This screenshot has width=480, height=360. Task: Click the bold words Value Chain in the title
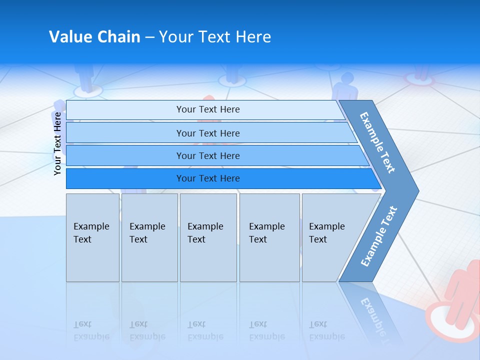pyautogui.click(x=94, y=37)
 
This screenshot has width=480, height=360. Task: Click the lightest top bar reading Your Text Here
pyautogui.click(x=207, y=109)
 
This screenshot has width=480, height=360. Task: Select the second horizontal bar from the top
pyautogui.click(x=207, y=133)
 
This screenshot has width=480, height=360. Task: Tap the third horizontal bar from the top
pyautogui.click(x=207, y=156)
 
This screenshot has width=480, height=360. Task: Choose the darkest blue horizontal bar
pyautogui.click(x=207, y=178)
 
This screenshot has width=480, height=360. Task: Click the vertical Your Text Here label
pyautogui.click(x=58, y=143)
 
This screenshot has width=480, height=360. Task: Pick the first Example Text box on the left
pyautogui.click(x=92, y=237)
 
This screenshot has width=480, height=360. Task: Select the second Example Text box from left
pyautogui.click(x=149, y=237)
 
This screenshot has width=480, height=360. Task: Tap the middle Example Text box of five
pyautogui.click(x=208, y=237)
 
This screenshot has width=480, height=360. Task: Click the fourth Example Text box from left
pyautogui.click(x=269, y=237)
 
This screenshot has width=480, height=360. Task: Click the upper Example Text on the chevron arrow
pyautogui.click(x=377, y=142)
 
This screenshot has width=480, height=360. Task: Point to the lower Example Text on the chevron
pyautogui.click(x=378, y=236)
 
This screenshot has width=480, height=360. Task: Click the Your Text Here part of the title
pyautogui.click(x=215, y=37)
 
